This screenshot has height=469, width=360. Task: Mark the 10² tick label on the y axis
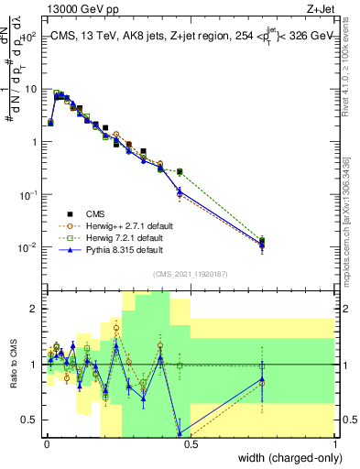click(x=30, y=37)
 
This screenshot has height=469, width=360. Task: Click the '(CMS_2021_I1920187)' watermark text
click(x=190, y=272)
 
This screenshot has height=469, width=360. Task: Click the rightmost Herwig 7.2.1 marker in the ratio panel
click(x=262, y=365)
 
